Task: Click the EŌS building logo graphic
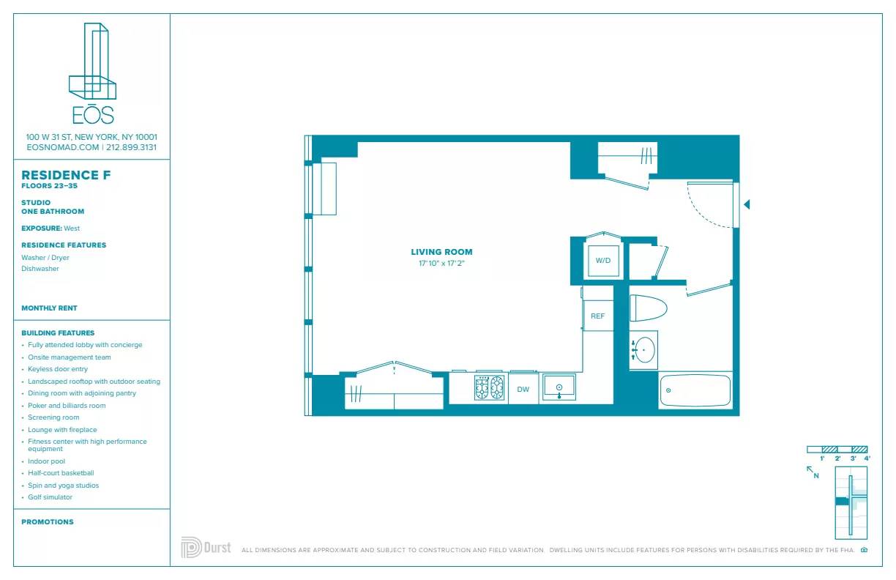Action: [92, 62]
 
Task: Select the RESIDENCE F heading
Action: [66, 175]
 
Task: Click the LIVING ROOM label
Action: [441, 252]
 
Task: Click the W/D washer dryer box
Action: [602, 261]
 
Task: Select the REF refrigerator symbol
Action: [598, 316]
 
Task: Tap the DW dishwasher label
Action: [523, 390]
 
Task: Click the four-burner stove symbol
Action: [489, 387]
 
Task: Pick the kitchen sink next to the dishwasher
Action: [559, 388]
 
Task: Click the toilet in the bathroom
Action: [648, 308]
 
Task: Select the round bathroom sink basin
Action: [644, 350]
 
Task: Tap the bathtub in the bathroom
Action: [695, 390]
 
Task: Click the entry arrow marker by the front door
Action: [747, 205]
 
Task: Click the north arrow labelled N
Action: [812, 472]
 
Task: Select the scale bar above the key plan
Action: [837, 449]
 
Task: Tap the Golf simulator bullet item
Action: [50, 497]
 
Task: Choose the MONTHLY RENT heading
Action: [49, 308]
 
